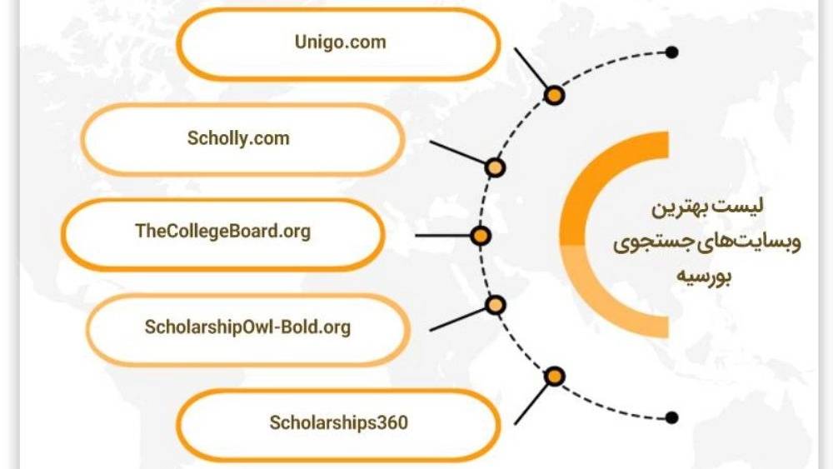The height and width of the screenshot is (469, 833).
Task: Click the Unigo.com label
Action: click(340, 42)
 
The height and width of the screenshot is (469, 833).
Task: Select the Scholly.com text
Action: click(238, 138)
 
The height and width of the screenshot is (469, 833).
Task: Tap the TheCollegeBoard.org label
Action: click(222, 232)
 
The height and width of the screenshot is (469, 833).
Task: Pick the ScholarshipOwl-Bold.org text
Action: click(247, 327)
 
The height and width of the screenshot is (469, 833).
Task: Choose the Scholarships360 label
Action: click(338, 423)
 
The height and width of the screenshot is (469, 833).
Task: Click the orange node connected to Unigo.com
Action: click(554, 96)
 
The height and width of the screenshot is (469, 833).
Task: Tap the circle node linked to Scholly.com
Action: click(495, 167)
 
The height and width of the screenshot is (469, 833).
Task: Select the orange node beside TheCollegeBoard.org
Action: click(481, 236)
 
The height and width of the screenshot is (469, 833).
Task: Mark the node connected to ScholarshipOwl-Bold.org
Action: click(495, 305)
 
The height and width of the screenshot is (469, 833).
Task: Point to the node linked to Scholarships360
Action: click(554, 377)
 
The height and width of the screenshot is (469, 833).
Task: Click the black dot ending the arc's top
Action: click(672, 52)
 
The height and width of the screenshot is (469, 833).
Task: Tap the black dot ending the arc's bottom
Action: click(672, 417)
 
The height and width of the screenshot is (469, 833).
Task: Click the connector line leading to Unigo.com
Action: click(530, 69)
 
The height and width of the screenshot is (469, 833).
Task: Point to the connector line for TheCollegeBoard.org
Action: click(442, 235)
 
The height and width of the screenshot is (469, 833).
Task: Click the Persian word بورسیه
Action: click(704, 277)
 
